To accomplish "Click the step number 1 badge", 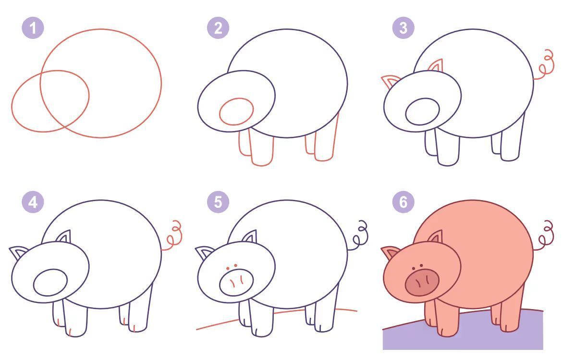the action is click(33, 28).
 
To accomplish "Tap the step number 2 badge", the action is click(218, 28).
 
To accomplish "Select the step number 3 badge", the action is click(403, 28).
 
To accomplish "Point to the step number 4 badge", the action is click(33, 202).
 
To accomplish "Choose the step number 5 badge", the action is click(218, 202).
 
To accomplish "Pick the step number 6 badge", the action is click(403, 202).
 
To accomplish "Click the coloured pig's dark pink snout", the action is click(422, 282).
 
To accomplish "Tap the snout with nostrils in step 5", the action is click(236, 282).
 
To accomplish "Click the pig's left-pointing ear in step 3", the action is click(390, 81).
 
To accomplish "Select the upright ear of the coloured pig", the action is click(436, 237).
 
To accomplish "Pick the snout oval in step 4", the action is click(50, 282).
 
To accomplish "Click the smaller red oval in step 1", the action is click(12, 101).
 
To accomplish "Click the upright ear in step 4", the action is click(63, 237).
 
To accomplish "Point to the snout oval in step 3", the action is click(422, 112).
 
